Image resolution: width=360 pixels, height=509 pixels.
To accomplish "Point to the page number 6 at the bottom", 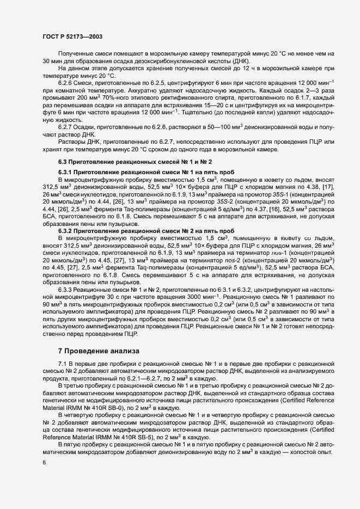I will (x=44, y=462).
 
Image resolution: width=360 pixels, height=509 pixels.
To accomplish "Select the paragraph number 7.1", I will (x=62, y=363).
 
